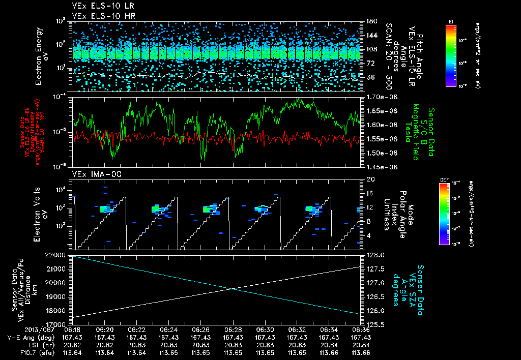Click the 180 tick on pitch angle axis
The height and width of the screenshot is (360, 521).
point(371,21)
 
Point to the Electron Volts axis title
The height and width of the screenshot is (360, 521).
point(40,214)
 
